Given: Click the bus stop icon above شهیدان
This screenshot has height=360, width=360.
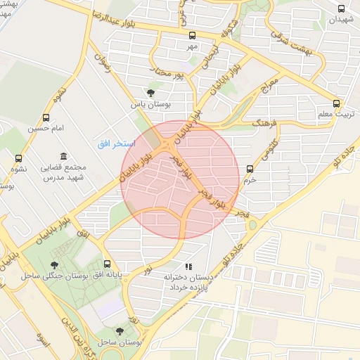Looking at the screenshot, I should [x=342, y=9].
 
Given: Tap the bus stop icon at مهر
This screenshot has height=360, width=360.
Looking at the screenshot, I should [x=192, y=35].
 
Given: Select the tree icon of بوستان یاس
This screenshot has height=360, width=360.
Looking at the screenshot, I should [x=150, y=92].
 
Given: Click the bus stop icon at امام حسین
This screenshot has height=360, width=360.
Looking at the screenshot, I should [x=46, y=118].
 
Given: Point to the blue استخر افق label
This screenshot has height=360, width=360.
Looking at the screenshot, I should [x=112, y=143].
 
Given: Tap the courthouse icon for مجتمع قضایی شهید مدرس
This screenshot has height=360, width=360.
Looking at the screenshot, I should [x=64, y=156].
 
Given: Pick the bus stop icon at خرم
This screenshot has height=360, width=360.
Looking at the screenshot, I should [x=250, y=168].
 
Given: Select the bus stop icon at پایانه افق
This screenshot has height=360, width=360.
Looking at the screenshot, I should [x=107, y=264].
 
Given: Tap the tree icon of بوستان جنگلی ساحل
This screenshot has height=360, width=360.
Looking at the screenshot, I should [x=54, y=264].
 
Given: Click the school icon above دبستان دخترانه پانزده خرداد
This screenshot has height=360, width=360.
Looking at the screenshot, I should [x=188, y=267].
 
